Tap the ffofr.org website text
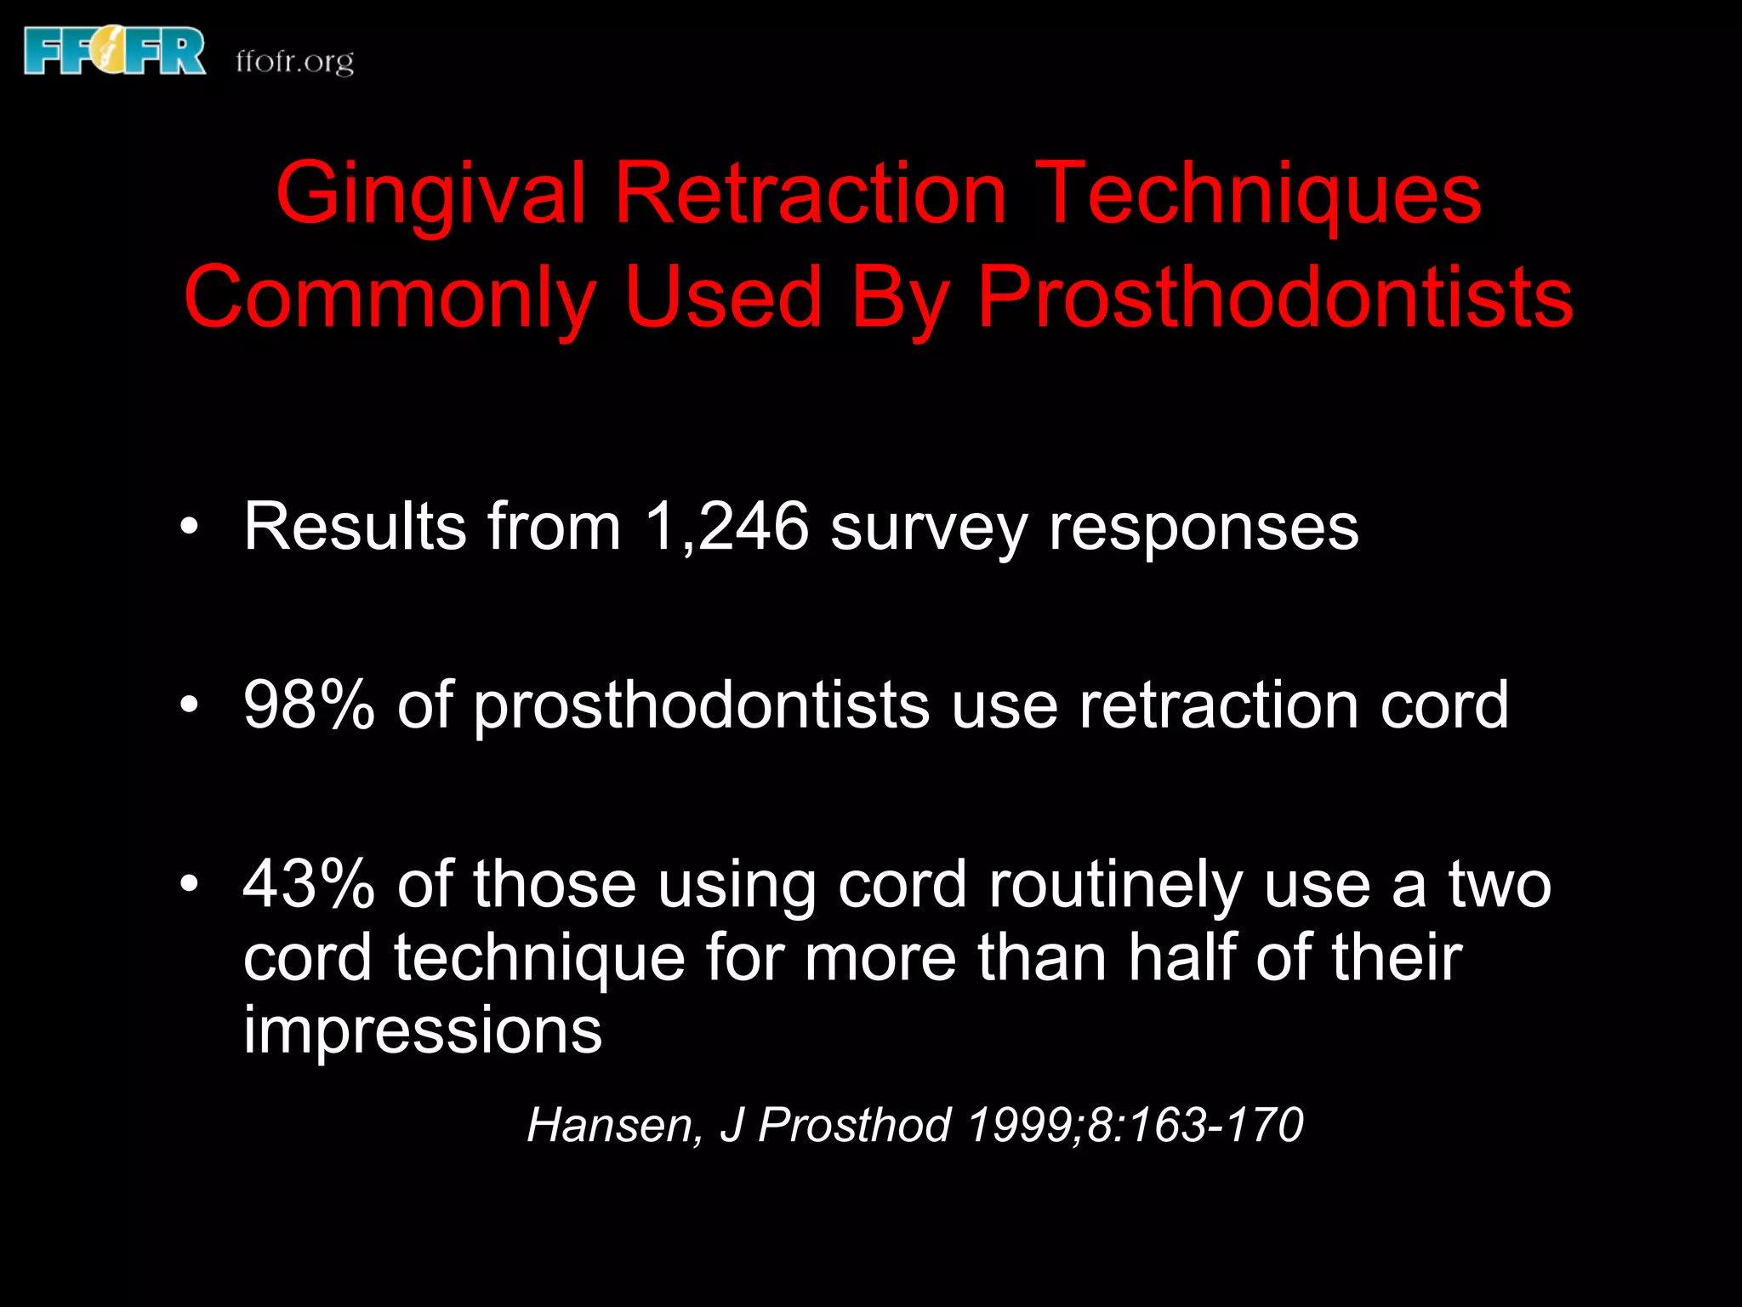294,62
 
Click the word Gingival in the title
430,196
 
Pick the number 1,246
726,528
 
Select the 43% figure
308,885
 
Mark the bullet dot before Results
189,528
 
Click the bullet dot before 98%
189,705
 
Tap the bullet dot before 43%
189,885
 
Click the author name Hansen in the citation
614,1125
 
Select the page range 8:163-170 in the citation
1195,1125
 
